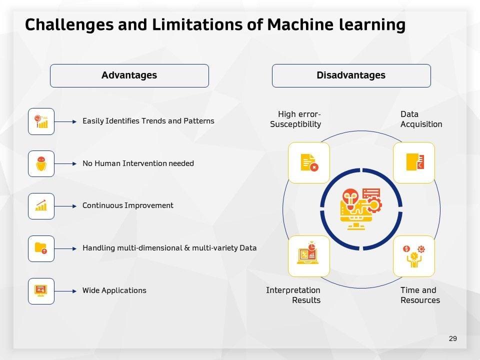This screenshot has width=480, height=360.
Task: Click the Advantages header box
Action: click(x=129, y=75)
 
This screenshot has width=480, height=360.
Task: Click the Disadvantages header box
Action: click(x=351, y=75)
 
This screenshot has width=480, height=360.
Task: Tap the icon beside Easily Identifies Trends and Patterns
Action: click(x=41, y=121)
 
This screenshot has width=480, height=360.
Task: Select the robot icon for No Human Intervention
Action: click(x=41, y=163)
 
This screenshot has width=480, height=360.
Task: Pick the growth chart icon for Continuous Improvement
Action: click(x=41, y=205)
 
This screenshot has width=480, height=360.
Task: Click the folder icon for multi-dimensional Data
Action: click(x=41, y=248)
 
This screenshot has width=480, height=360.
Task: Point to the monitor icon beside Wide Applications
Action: click(x=41, y=290)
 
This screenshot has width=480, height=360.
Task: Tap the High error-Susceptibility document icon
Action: click(x=309, y=162)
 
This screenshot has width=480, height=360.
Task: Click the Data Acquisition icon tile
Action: click(x=413, y=162)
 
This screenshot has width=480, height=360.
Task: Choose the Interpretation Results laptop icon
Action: click(x=309, y=256)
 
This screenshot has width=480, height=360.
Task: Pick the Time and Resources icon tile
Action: click(x=413, y=256)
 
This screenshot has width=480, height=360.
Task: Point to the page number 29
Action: click(x=453, y=338)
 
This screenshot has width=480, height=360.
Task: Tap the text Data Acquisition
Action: click(x=421, y=119)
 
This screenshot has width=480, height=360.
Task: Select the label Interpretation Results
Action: click(x=293, y=295)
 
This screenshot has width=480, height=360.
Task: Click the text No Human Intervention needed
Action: click(x=138, y=163)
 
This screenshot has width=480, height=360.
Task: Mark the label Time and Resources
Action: click(x=420, y=295)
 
